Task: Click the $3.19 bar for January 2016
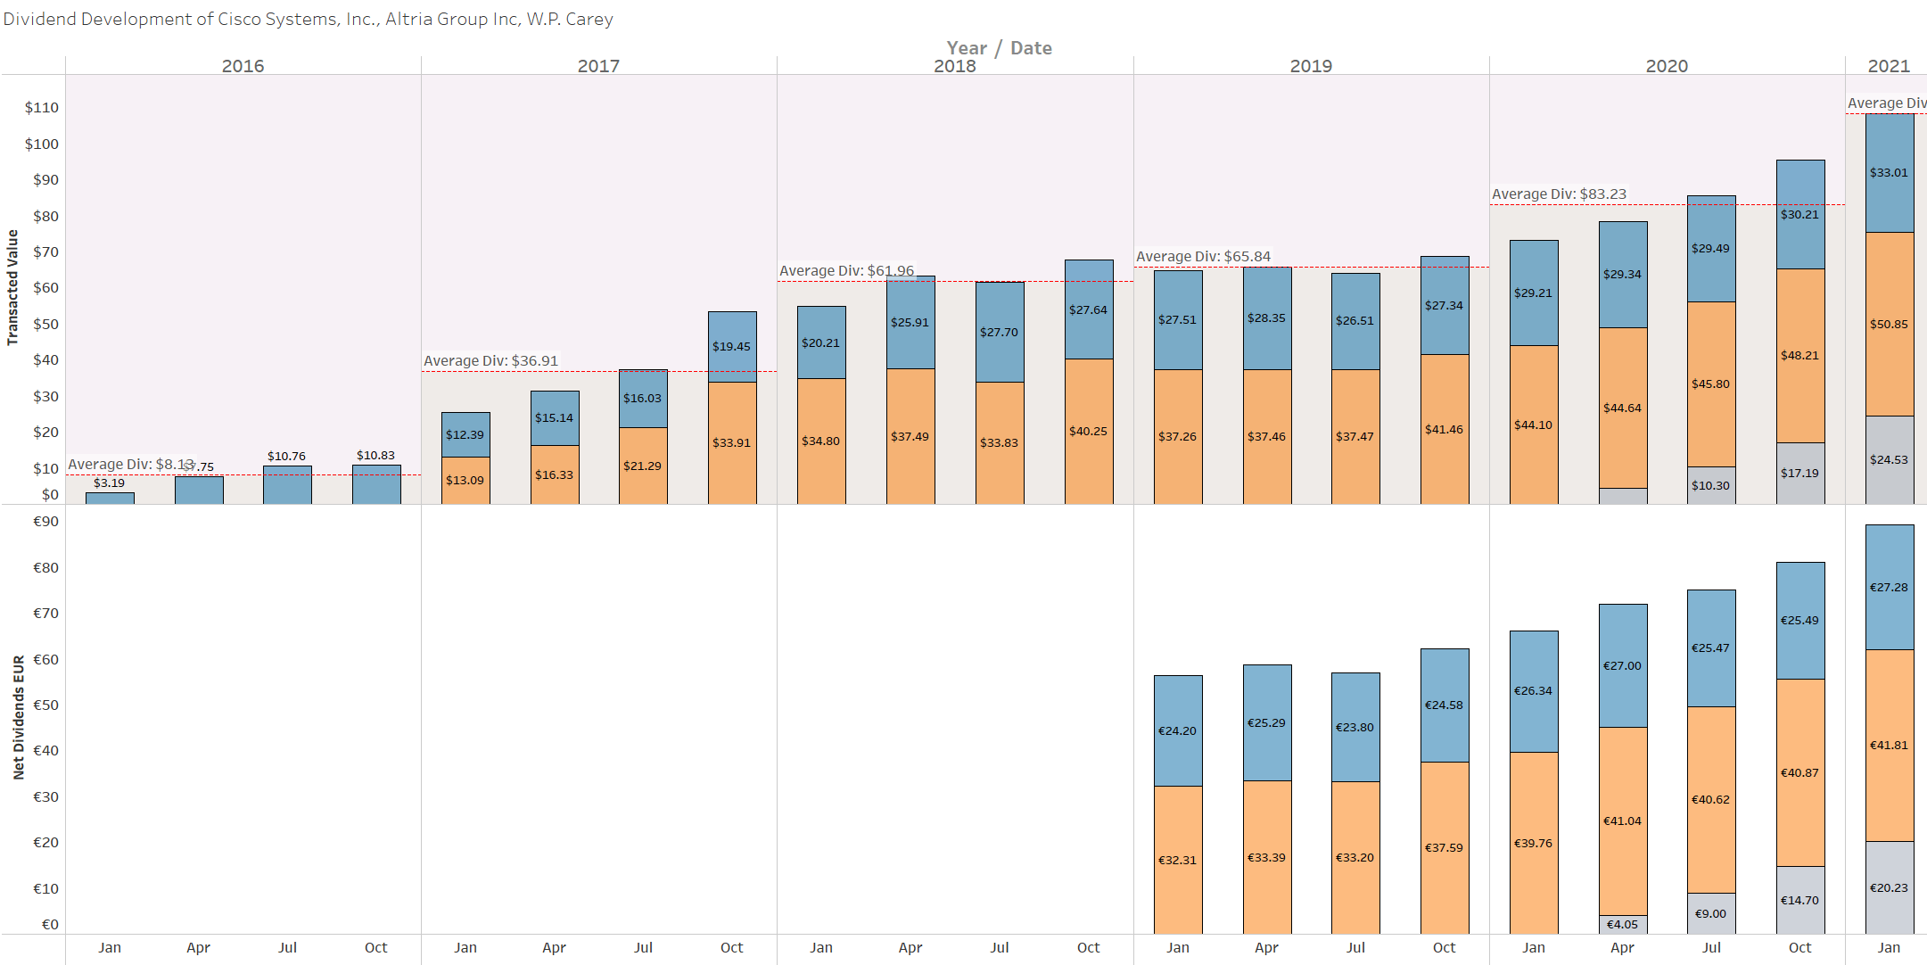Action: (110, 499)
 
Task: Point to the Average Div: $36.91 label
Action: (490, 361)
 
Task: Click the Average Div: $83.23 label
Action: (1559, 194)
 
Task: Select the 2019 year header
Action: (1311, 66)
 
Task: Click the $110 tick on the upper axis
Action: (42, 108)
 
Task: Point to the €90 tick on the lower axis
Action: (45, 522)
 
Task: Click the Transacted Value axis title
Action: (12, 287)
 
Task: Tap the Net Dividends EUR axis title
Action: (18, 718)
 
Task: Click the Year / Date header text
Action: (999, 48)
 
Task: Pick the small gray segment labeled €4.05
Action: (1622, 925)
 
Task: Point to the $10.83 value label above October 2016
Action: (375, 456)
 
